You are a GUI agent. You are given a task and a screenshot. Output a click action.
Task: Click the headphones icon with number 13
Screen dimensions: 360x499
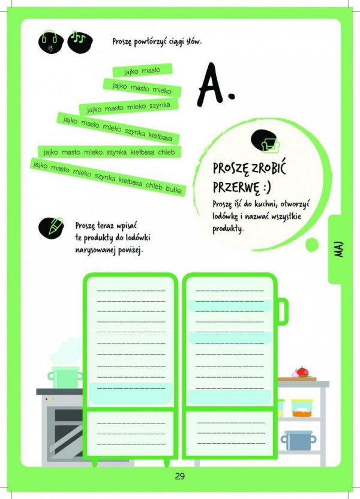(x=50, y=42)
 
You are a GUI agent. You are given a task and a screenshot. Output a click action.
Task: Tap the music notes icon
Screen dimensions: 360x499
(x=80, y=41)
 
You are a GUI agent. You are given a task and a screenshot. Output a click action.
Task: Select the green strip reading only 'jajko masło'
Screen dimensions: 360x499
(x=142, y=70)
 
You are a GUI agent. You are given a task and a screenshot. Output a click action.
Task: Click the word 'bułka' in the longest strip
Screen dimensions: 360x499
(x=174, y=189)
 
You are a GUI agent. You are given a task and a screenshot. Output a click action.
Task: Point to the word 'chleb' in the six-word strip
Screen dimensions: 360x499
(x=166, y=152)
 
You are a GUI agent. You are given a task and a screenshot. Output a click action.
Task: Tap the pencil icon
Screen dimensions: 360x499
(x=51, y=227)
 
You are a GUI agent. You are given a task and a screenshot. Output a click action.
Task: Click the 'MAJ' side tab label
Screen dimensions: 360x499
(x=340, y=249)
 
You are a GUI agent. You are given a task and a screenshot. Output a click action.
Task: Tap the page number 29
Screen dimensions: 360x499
(x=180, y=476)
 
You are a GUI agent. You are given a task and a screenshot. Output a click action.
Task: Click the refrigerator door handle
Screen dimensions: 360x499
(x=283, y=311)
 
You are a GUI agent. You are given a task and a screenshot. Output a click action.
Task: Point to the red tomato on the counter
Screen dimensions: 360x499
(x=302, y=372)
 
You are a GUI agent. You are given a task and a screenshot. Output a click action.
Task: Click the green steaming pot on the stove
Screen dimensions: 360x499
(x=65, y=377)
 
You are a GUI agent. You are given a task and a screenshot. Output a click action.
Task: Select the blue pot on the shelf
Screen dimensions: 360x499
(x=299, y=440)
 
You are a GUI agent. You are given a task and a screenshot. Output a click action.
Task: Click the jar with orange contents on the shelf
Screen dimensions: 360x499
(x=302, y=408)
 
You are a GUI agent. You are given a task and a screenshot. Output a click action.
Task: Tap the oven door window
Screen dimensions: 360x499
(x=66, y=429)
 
